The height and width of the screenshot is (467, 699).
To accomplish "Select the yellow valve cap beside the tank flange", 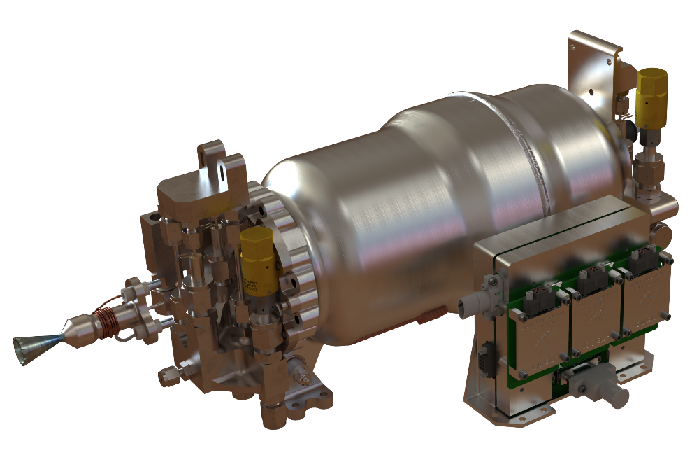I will [x=257, y=253].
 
